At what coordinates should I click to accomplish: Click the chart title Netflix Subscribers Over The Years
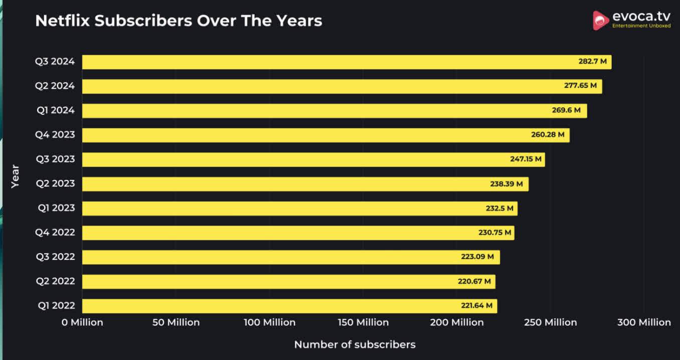pos(179,21)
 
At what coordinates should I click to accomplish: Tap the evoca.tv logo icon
pos(601,21)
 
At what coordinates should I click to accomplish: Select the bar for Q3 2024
pos(346,62)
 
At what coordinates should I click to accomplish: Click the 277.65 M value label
pos(580,86)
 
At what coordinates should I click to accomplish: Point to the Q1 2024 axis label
pos(56,110)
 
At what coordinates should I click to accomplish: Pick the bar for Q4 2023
pos(325,135)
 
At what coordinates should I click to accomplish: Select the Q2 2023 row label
pos(55,184)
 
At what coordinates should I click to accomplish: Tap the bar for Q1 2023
pos(299,208)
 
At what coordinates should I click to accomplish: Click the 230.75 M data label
pos(495,232)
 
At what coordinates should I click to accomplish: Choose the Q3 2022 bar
pos(291,257)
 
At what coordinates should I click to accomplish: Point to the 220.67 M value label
pos(474,281)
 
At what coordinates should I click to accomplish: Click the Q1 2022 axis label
pos(56,306)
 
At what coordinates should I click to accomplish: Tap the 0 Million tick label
pos(82,322)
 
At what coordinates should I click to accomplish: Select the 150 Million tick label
pos(363,322)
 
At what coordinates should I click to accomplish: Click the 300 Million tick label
pos(644,322)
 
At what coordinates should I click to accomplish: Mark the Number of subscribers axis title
pos(355,344)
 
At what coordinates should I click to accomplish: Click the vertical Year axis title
pos(15,176)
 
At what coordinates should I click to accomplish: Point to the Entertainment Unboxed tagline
pos(641,26)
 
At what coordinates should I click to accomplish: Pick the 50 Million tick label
pos(176,322)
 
